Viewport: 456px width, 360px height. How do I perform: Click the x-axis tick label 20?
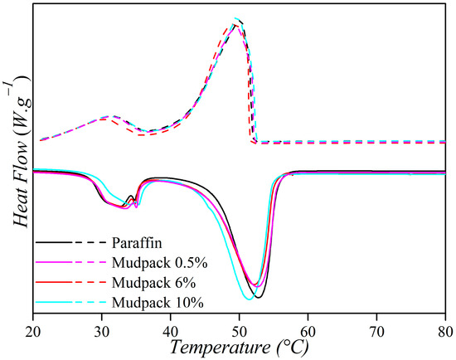33,328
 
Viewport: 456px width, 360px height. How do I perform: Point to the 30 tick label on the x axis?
102,328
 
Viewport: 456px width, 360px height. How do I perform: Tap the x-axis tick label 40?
171,328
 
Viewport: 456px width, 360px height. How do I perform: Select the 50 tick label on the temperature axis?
240,328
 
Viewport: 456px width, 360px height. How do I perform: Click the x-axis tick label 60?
308,328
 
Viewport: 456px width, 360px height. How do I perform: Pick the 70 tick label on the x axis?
377,328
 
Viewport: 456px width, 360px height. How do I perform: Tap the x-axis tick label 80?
445,328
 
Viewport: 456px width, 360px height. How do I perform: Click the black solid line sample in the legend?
52,243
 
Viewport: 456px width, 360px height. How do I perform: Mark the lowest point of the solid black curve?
260,297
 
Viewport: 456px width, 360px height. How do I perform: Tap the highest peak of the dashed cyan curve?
238,18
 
